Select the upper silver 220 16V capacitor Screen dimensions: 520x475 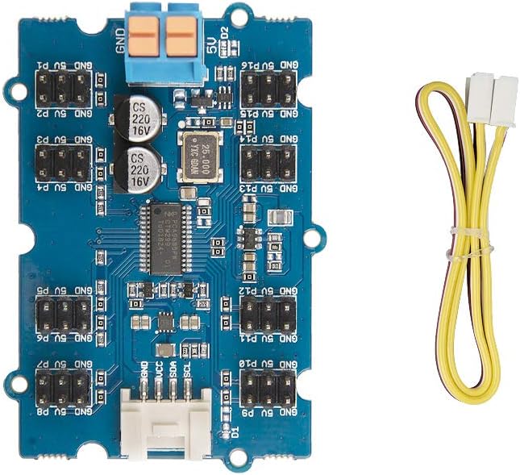coord(139,118)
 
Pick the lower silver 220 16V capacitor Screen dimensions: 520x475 coord(139,168)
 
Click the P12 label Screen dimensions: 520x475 coord(260,290)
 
